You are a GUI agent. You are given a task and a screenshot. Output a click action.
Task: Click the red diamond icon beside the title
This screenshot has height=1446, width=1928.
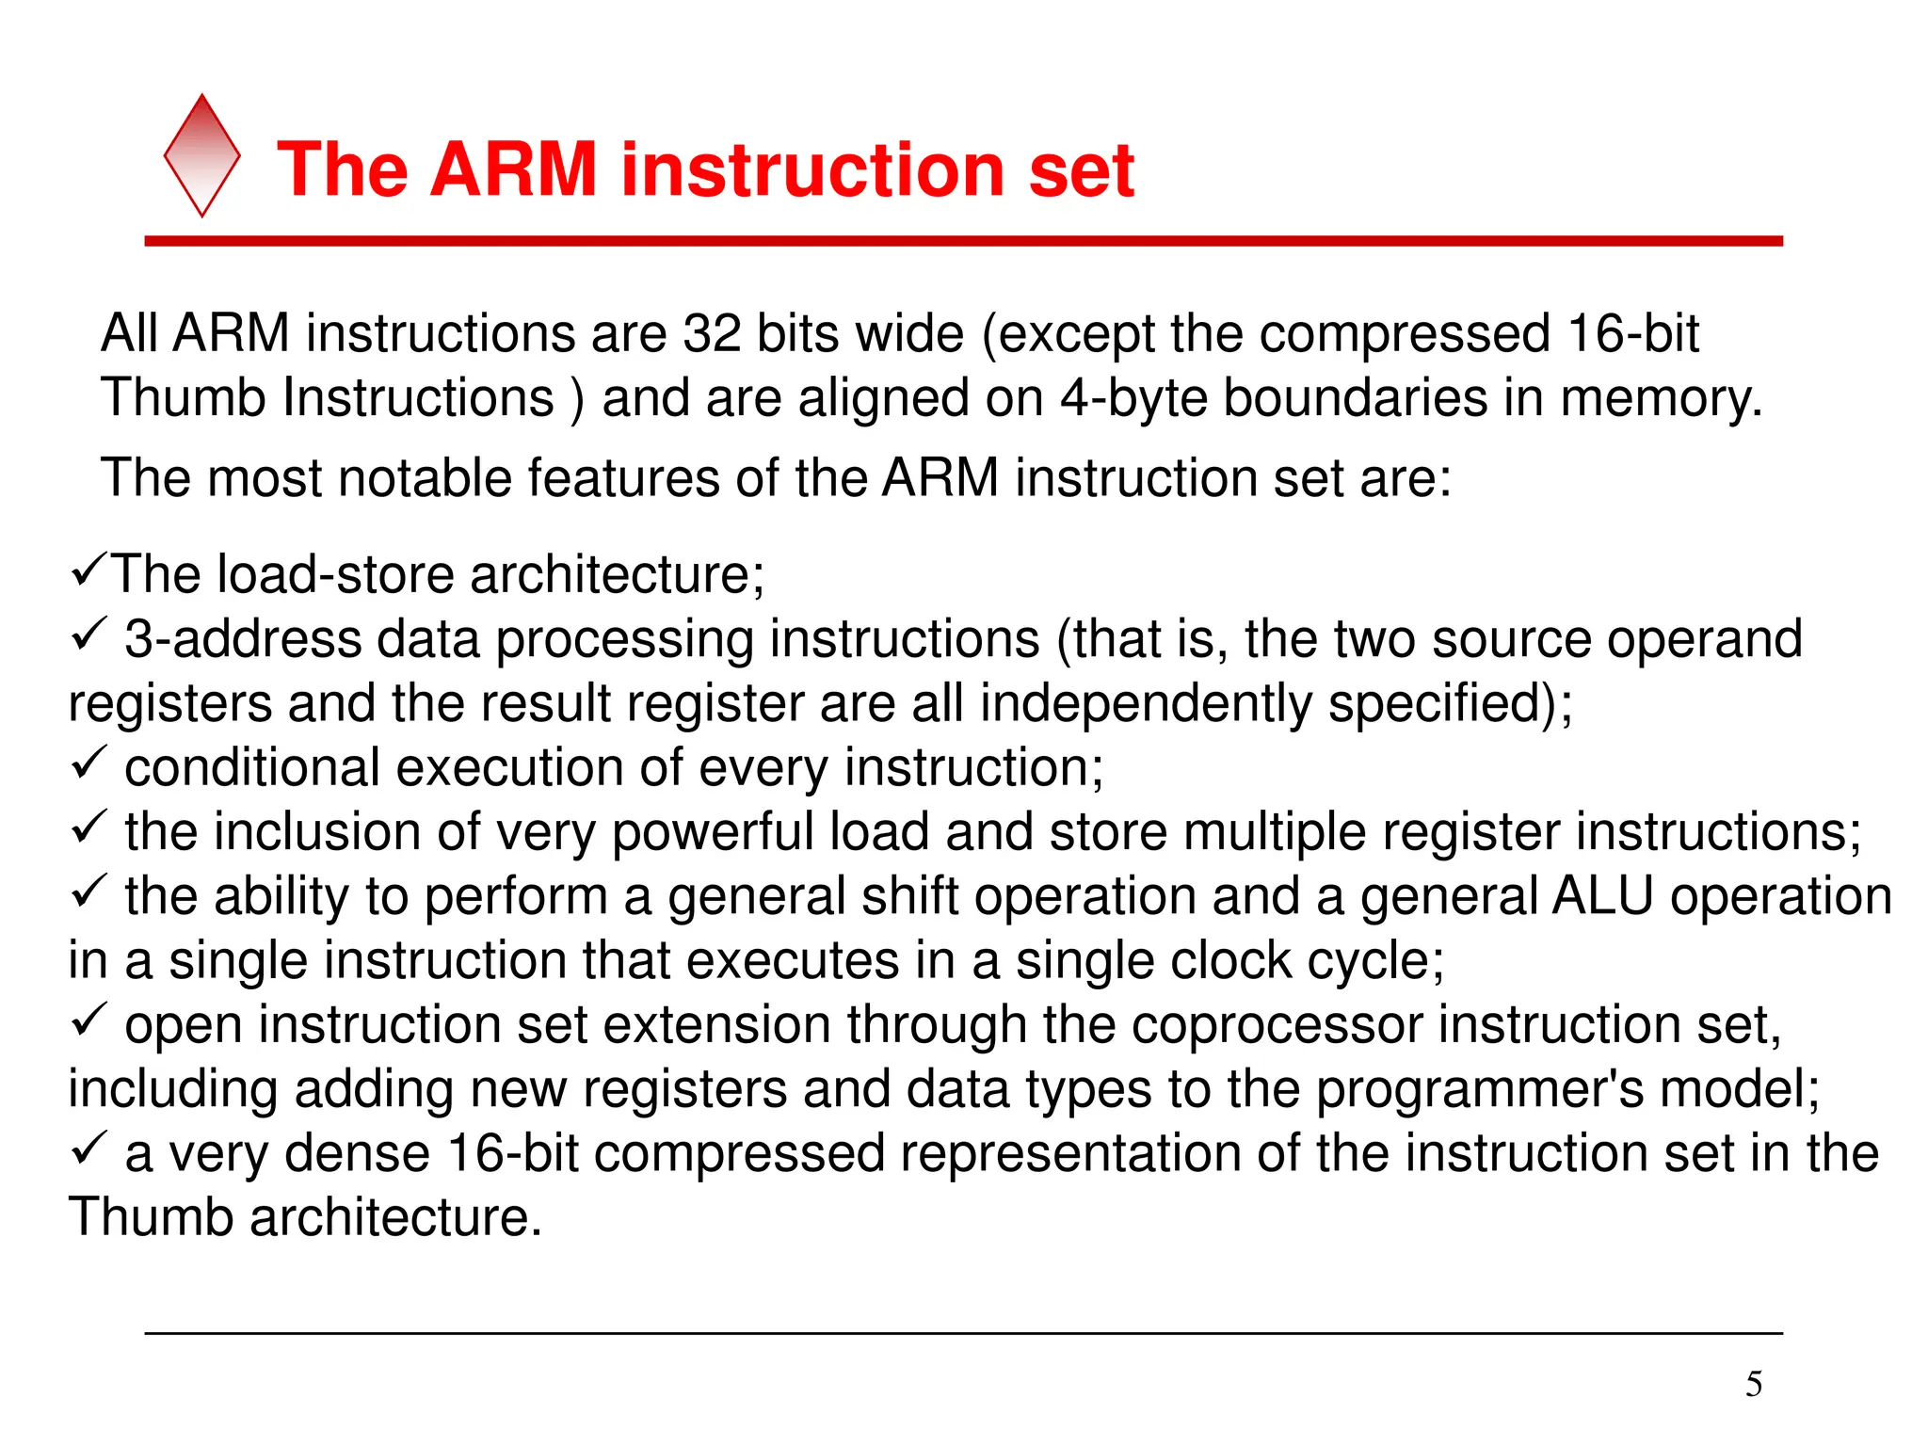[x=201, y=156]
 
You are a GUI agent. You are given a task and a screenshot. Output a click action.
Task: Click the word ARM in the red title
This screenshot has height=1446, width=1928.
[x=514, y=170]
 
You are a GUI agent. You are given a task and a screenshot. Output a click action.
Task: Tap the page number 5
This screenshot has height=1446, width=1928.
[x=1753, y=1384]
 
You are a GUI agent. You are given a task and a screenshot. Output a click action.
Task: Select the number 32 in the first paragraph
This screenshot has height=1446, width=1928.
[x=712, y=334]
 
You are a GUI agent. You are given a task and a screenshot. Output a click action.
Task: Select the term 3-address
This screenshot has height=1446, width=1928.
[x=243, y=639]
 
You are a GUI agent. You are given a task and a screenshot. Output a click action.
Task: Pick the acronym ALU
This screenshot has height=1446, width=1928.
[x=1601, y=895]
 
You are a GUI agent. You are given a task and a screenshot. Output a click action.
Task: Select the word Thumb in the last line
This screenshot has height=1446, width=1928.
[x=151, y=1217]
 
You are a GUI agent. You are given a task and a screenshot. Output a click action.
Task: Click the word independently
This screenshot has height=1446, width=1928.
[x=1145, y=704]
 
